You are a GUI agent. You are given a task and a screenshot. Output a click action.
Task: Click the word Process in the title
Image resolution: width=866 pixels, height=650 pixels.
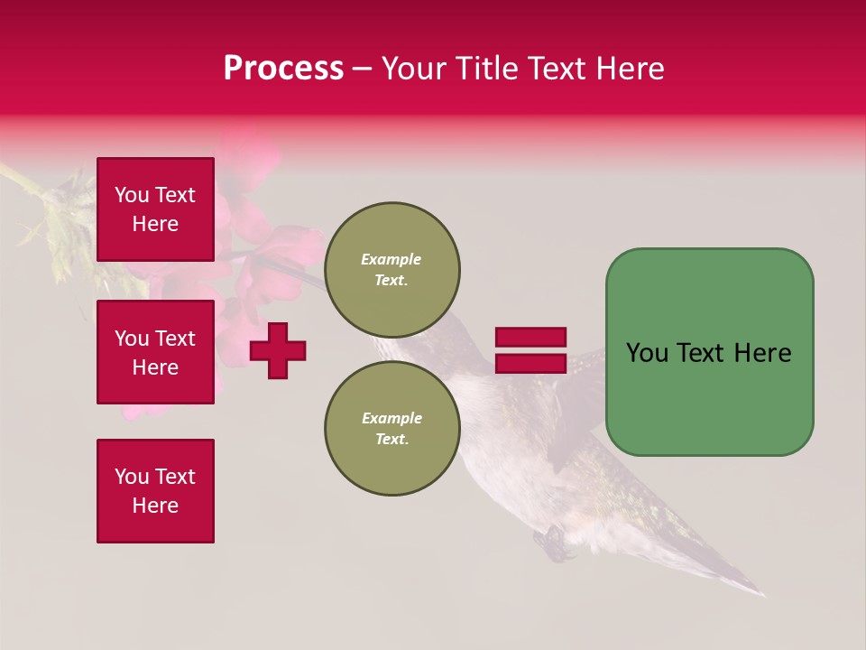pyautogui.click(x=283, y=69)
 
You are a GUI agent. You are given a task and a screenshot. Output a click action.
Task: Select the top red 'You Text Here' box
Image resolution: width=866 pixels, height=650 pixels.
pyautogui.click(x=155, y=209)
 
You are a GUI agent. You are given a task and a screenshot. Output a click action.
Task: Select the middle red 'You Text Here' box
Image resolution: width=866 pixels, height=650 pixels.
pyautogui.click(x=155, y=352)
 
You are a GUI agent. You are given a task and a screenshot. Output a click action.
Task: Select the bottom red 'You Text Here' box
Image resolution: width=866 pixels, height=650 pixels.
pyautogui.click(x=155, y=491)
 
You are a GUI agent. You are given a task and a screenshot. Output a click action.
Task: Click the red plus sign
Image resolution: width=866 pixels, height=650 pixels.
pyautogui.click(x=278, y=350)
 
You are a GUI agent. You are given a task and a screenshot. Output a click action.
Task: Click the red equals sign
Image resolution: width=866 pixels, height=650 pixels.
pyautogui.click(x=530, y=350)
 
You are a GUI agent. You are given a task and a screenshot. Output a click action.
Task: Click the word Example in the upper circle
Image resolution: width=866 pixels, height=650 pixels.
pyautogui.click(x=392, y=259)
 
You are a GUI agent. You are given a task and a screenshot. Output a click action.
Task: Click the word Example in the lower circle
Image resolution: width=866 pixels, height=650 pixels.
pyautogui.click(x=392, y=418)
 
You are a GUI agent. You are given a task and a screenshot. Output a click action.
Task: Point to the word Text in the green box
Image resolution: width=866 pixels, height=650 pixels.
pyautogui.click(x=702, y=353)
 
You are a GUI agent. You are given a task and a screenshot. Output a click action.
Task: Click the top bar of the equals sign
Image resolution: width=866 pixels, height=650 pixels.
pyautogui.click(x=530, y=337)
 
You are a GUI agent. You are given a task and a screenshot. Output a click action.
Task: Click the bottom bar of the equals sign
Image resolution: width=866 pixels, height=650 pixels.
pyautogui.click(x=530, y=363)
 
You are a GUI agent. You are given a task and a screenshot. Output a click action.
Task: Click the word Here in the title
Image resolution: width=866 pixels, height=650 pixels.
pyautogui.click(x=631, y=69)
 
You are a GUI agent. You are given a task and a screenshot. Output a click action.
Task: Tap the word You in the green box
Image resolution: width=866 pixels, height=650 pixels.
pyautogui.click(x=648, y=353)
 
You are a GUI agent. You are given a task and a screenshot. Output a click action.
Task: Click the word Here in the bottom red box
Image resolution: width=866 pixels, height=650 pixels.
pyautogui.click(x=155, y=506)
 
